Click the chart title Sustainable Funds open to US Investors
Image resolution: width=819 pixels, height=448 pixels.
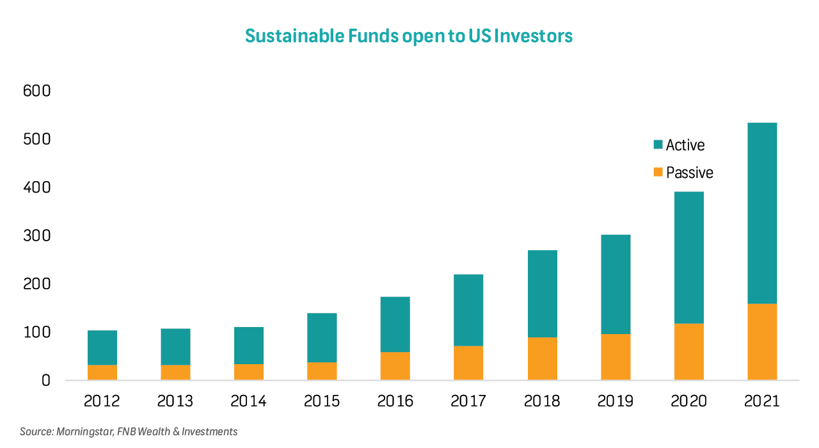[x=409, y=36]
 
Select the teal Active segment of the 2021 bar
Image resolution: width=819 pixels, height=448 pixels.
[x=762, y=213]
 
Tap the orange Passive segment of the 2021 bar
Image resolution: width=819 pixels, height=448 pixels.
[x=762, y=342]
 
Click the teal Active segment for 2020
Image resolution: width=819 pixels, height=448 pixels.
[x=689, y=257]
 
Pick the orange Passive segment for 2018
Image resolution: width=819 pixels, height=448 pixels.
[x=543, y=358]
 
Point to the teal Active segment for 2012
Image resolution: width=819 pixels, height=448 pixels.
[x=102, y=348]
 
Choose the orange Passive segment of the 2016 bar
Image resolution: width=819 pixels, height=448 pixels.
[x=395, y=366]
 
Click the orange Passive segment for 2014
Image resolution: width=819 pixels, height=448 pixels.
[x=249, y=372]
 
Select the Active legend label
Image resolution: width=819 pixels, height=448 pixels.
[x=685, y=145]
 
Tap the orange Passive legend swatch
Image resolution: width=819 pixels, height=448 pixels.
[x=657, y=173]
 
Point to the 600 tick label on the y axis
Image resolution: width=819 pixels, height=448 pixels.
[x=37, y=91]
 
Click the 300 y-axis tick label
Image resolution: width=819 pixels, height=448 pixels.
[x=37, y=236]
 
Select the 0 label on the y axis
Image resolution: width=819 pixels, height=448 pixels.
[x=45, y=381]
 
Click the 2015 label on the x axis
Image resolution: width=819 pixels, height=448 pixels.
[x=322, y=402]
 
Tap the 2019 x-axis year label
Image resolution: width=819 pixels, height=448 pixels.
[x=616, y=402]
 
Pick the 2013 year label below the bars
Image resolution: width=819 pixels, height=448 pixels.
[x=175, y=402]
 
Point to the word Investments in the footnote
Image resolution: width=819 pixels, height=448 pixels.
[x=209, y=432]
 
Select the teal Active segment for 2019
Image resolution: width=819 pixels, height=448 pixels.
[x=616, y=284]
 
